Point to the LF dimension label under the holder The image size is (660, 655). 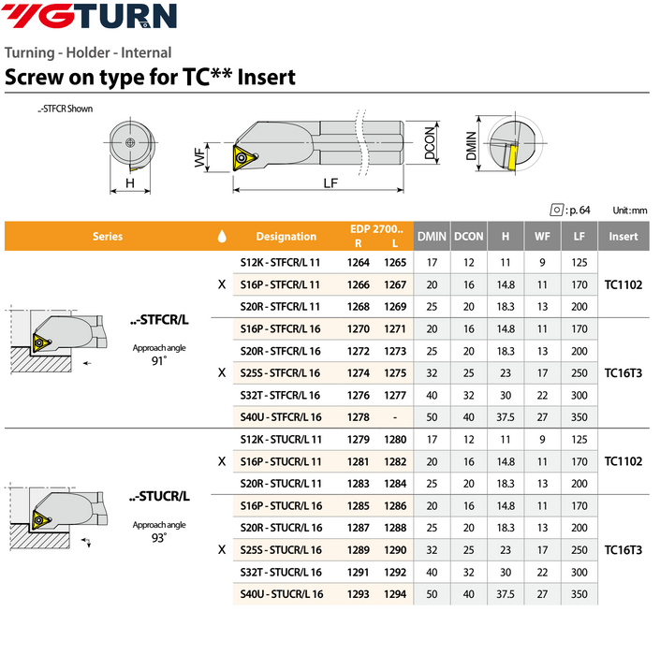click(x=330, y=183)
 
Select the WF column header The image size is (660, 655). click(x=542, y=237)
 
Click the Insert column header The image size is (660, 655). click(x=623, y=237)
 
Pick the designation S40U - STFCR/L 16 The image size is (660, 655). click(x=281, y=415)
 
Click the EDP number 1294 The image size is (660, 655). click(x=395, y=593)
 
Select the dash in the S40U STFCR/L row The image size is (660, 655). click(x=395, y=415)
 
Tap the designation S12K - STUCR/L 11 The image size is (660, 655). click(x=281, y=440)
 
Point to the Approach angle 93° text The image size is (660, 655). click(x=158, y=531)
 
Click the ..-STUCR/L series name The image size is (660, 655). click(x=159, y=496)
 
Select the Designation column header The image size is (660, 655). click(x=286, y=237)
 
